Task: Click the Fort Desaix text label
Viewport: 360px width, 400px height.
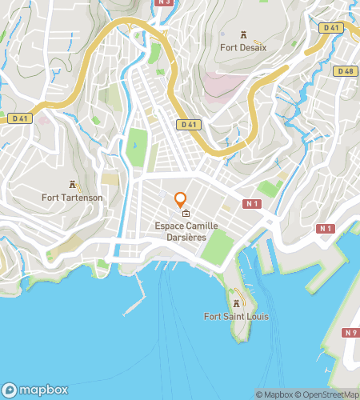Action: pyautogui.click(x=242, y=47)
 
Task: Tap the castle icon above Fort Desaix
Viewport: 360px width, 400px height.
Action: pyautogui.click(x=242, y=34)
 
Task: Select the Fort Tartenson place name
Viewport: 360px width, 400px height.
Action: pyautogui.click(x=72, y=197)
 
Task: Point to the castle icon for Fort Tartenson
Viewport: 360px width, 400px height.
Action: pyautogui.click(x=72, y=184)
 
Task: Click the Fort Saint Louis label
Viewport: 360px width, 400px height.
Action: pyautogui.click(x=236, y=316)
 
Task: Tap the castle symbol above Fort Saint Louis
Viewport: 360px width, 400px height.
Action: pyautogui.click(x=236, y=303)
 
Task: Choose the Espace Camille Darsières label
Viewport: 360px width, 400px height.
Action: pyautogui.click(x=186, y=231)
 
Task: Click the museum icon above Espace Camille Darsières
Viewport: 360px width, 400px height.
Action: pyautogui.click(x=186, y=214)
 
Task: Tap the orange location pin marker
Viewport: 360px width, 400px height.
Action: pyautogui.click(x=181, y=199)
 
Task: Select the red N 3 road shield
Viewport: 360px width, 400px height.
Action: pyautogui.click(x=165, y=2)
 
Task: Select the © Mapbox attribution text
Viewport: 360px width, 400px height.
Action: pyautogui.click(x=274, y=394)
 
